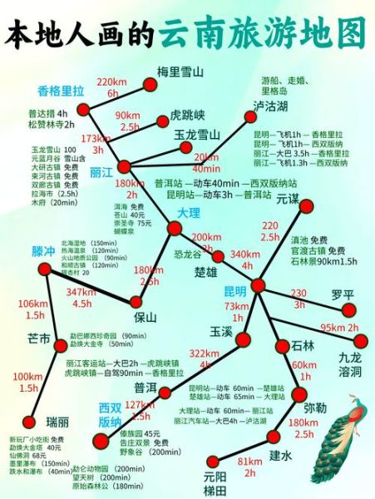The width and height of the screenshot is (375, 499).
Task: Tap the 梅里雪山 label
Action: pos(180,72)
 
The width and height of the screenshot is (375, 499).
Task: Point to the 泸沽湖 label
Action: pos(270,107)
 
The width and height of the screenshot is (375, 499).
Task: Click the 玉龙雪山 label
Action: pos(196,135)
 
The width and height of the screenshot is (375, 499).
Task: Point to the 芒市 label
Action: pos(39,338)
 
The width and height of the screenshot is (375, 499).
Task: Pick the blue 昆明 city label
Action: pos(235,291)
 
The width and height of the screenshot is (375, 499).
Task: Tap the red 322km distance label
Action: pos(204,354)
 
